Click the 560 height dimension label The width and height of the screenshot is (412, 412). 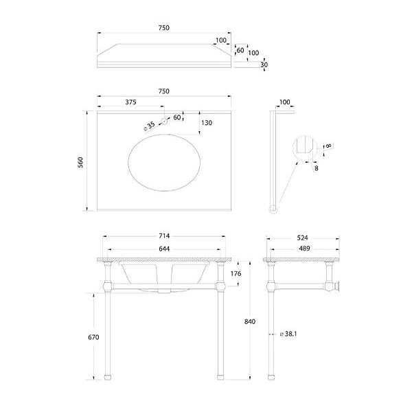80,162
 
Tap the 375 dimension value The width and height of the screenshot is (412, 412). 130,102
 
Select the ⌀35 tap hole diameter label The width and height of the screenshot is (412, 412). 150,126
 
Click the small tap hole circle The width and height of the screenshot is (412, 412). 164,122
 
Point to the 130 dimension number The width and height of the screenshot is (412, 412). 207,123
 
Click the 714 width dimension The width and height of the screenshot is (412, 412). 164,236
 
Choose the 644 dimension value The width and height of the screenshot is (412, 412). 164,249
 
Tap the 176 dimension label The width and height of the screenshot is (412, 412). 236,273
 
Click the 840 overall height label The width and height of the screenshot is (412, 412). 250,321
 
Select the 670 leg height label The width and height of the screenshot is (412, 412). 93,337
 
